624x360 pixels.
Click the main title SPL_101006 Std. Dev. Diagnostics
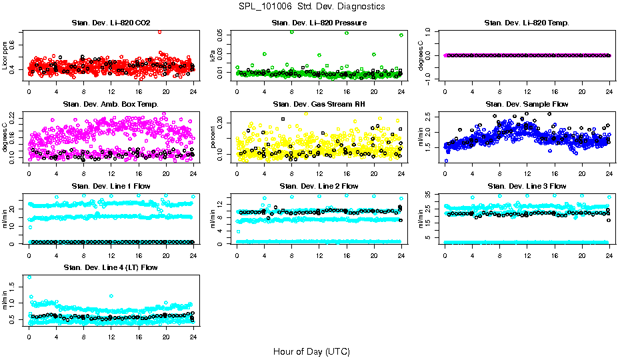(x=311, y=7)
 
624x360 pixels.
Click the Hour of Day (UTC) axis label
(x=311, y=351)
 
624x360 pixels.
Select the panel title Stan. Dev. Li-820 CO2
(x=111, y=23)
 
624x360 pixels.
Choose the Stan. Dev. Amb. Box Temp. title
(x=111, y=104)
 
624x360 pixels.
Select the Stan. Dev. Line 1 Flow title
(x=111, y=186)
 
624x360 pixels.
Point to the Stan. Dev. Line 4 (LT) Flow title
(x=111, y=267)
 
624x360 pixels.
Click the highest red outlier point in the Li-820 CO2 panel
(x=159, y=31)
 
